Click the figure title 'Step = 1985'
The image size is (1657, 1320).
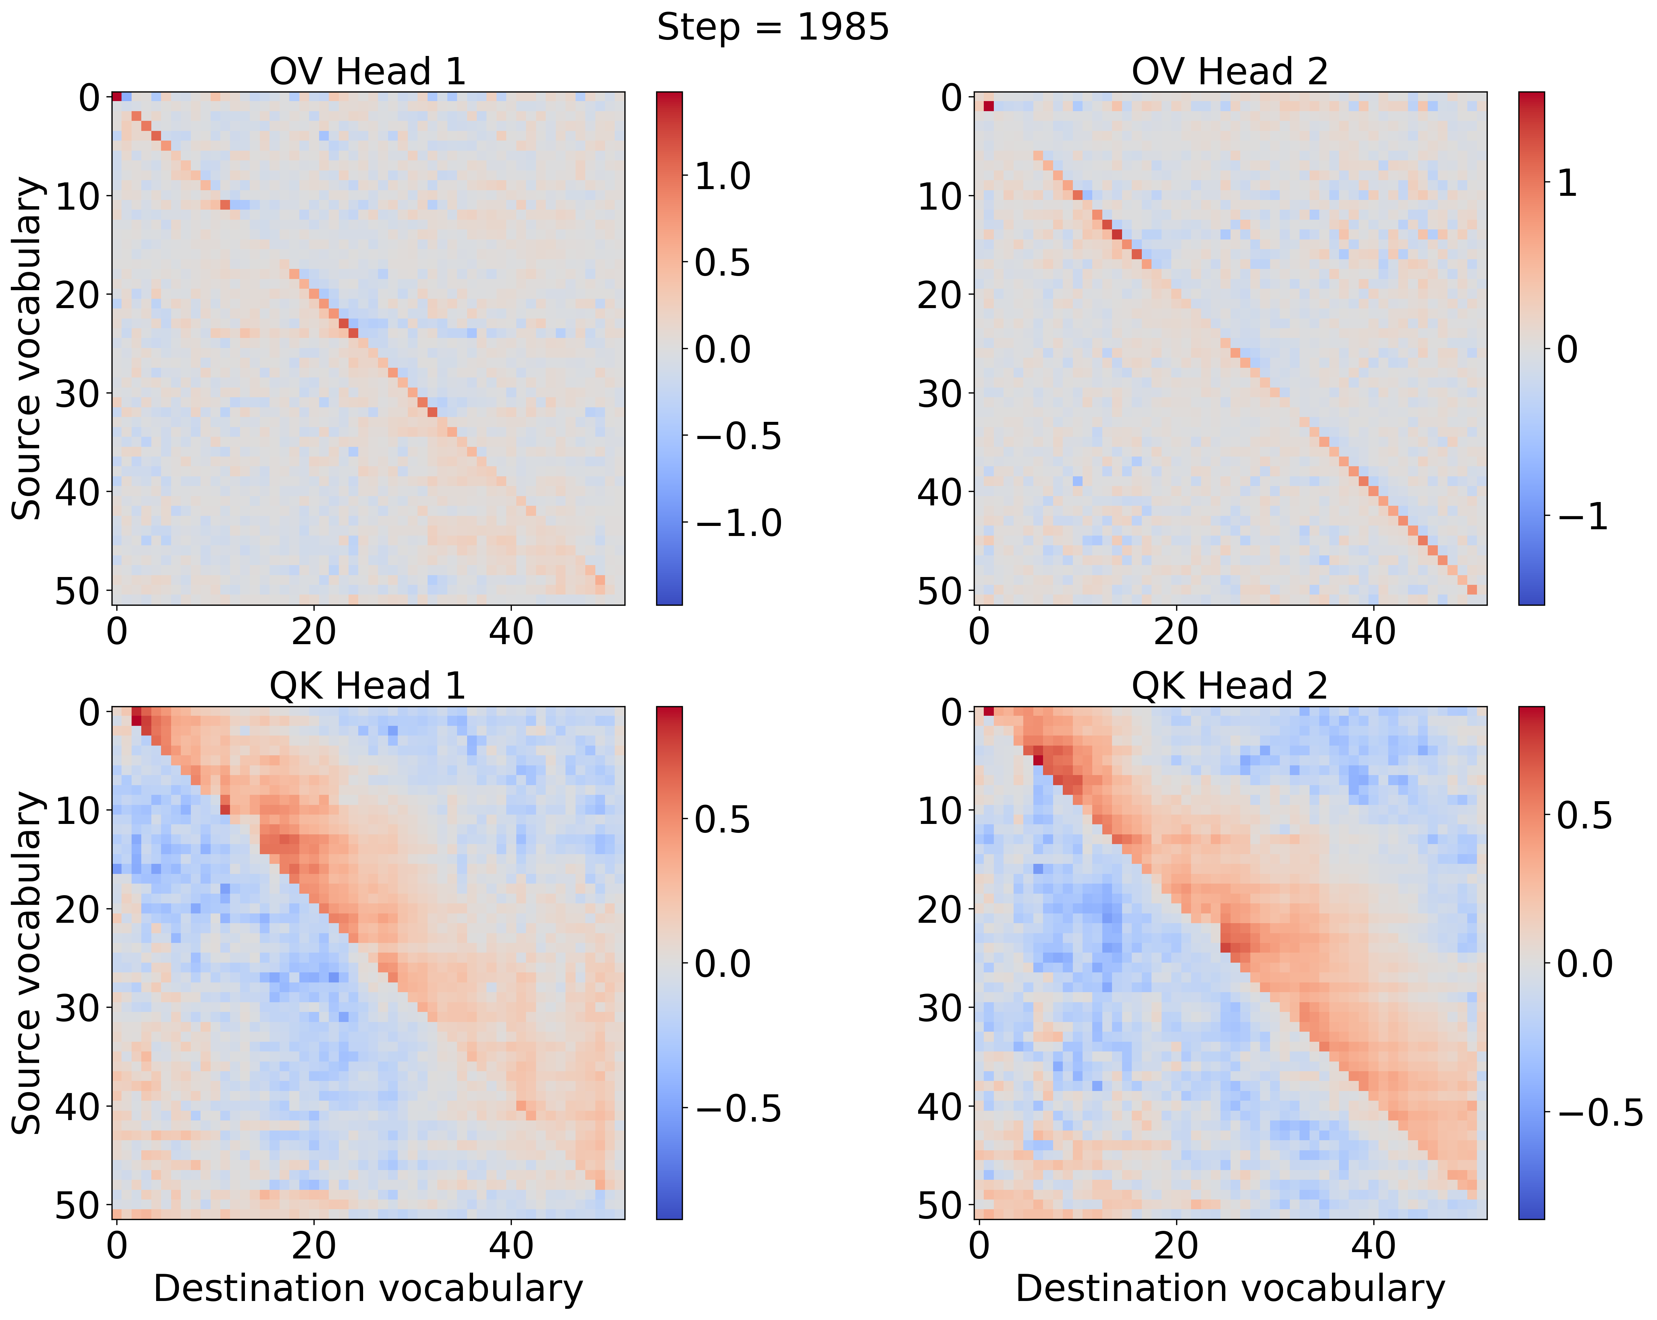(x=772, y=28)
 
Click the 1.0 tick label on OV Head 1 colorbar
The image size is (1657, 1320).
(x=722, y=176)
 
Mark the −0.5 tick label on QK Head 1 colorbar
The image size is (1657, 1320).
(x=738, y=1109)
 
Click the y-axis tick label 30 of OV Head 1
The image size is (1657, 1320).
(x=77, y=394)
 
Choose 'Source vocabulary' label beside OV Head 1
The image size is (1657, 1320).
(x=28, y=348)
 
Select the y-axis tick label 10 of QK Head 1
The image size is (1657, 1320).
(x=77, y=810)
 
